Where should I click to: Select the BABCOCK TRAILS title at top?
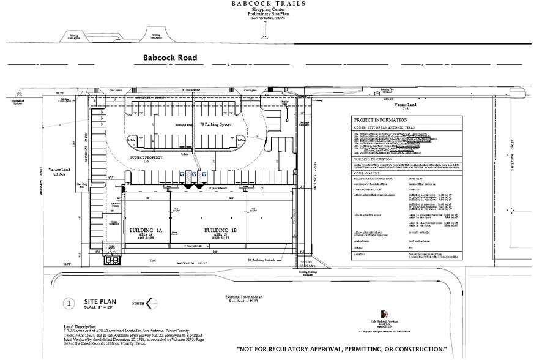(x=268, y=4)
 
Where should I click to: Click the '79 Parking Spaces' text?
(x=215, y=124)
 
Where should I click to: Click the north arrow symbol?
(x=152, y=303)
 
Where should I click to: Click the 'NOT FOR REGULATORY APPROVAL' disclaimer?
(x=341, y=349)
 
